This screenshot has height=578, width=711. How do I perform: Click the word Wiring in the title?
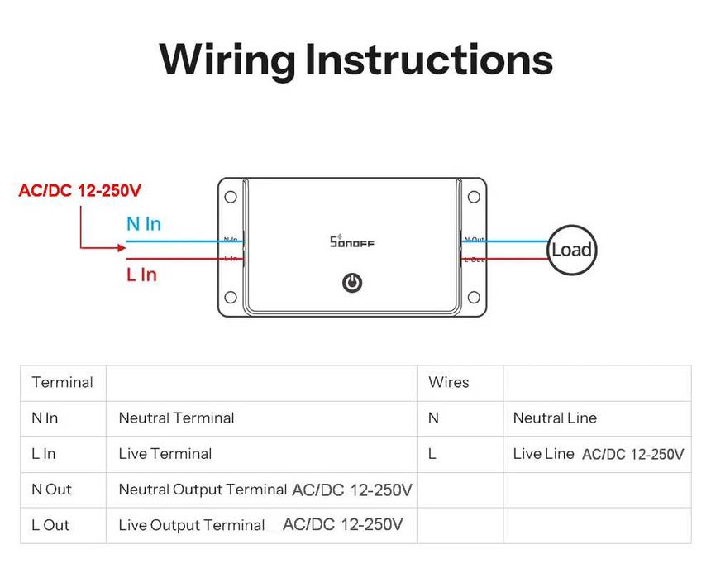[226, 60]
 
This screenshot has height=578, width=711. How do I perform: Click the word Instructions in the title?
[428, 60]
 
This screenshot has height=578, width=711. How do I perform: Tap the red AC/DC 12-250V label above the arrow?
[80, 191]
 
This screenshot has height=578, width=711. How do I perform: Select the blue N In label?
[143, 224]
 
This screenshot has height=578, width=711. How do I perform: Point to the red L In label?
[141, 275]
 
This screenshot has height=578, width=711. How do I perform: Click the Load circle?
[571, 250]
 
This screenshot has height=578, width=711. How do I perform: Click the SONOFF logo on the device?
[351, 241]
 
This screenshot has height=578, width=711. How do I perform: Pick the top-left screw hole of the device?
[231, 197]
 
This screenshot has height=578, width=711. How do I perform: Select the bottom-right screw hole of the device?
[474, 297]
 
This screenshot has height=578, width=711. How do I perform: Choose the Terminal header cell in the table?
[63, 383]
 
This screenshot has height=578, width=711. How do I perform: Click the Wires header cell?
[449, 383]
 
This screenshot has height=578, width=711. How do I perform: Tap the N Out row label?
[52, 490]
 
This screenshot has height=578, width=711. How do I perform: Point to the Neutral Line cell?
[555, 418]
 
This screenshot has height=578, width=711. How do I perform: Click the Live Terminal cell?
[165, 454]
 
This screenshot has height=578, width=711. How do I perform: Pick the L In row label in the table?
[45, 454]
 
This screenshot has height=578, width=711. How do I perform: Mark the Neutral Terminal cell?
[177, 418]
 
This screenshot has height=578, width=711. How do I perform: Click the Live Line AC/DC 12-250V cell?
[598, 454]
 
